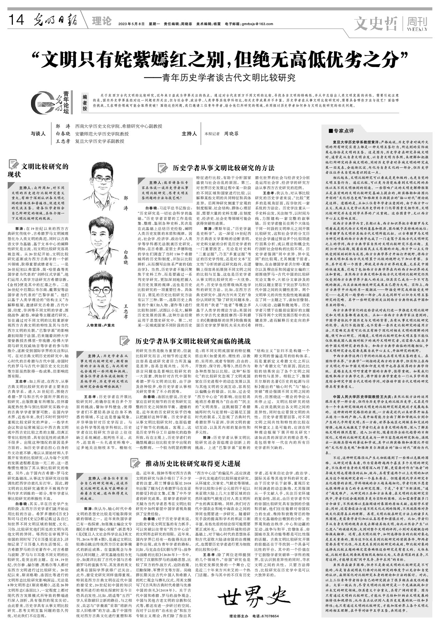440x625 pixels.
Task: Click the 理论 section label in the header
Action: [x=102, y=21]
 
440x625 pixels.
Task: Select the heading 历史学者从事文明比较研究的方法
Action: [x=223, y=168]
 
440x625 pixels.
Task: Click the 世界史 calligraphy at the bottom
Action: [x=249, y=598]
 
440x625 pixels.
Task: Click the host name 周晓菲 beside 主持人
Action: [x=231, y=134]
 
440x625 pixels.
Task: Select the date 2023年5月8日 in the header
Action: [x=131, y=24]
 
